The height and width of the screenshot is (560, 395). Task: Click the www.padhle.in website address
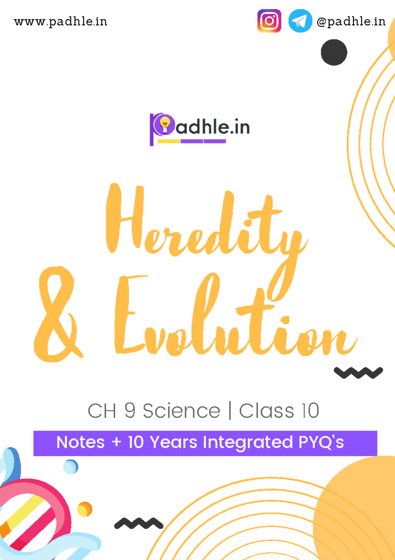pyautogui.click(x=61, y=22)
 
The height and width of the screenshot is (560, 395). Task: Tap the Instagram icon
pyautogui.click(x=269, y=21)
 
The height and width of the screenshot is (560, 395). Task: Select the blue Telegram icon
pyautogui.click(x=300, y=21)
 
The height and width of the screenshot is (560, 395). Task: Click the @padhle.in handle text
pyautogui.click(x=351, y=22)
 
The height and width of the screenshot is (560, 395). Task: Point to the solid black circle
pyautogui.click(x=334, y=52)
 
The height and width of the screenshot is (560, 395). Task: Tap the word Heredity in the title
pyautogui.click(x=204, y=224)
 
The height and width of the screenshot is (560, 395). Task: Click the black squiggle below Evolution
pyautogui.click(x=358, y=373)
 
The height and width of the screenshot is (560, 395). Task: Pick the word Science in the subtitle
pyautogui.click(x=181, y=411)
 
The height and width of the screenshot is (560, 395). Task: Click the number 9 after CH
pyautogui.click(x=130, y=411)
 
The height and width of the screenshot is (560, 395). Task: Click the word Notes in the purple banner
pyautogui.click(x=81, y=442)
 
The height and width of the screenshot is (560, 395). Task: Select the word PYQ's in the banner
pyautogui.click(x=321, y=442)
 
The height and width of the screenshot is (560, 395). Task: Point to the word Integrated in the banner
pyautogui.click(x=248, y=443)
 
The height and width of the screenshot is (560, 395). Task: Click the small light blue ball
pyautogui.click(x=70, y=467)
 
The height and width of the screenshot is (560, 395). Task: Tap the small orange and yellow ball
pyautogui.click(x=85, y=509)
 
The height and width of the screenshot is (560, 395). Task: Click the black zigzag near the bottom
pyautogui.click(x=139, y=523)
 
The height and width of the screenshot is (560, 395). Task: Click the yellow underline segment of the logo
pyautogui.click(x=169, y=141)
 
